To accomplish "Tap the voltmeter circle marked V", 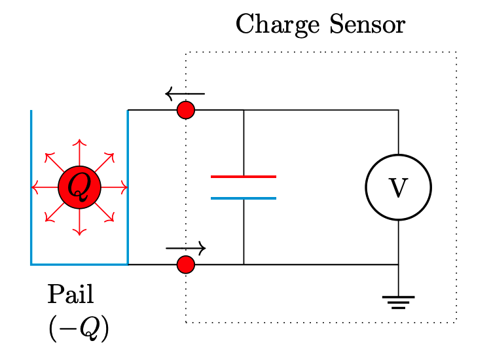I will click(398, 188).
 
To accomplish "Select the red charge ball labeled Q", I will click(79, 188).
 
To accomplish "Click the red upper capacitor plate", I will click(244, 177).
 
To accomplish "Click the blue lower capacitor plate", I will click(244, 198).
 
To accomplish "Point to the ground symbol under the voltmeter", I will click(398, 302).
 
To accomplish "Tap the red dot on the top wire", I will click(186, 110).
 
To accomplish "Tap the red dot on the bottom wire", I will click(186, 264).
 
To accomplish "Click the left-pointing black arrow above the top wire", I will click(185, 94).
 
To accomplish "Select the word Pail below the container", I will click(70, 295).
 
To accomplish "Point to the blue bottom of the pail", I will click(79, 264).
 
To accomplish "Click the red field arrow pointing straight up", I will click(79, 152).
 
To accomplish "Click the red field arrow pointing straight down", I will click(79, 223).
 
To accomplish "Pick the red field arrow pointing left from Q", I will click(43, 188).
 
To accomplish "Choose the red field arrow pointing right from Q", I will click(115, 188).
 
